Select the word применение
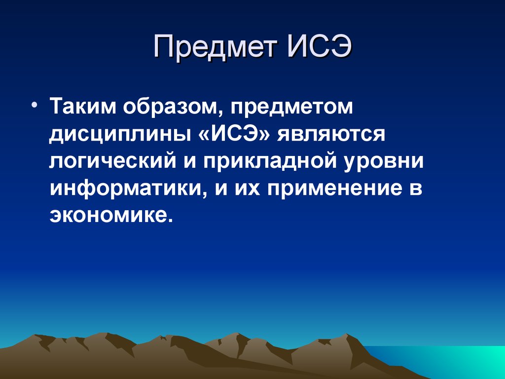point(333,189)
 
